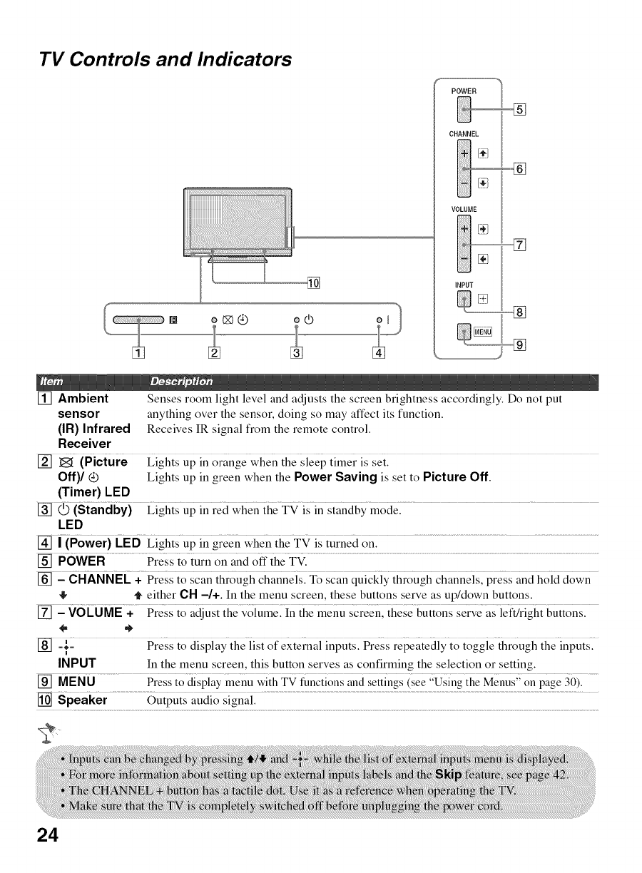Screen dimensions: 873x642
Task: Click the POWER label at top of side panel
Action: [x=464, y=91]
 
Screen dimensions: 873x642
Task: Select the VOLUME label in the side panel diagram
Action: [x=463, y=209]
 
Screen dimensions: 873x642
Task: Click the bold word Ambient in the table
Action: [x=83, y=398]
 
